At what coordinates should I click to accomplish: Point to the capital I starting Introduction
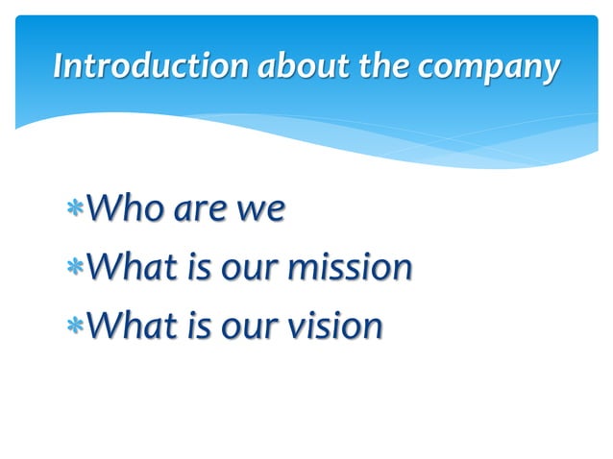[59, 66]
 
